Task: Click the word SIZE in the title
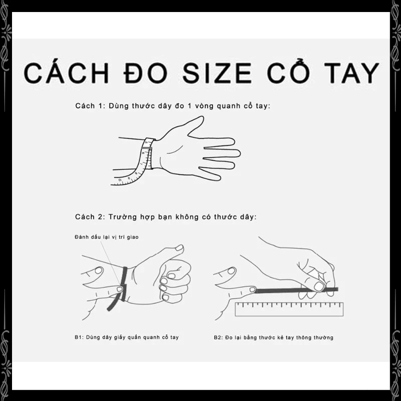[x=217, y=73]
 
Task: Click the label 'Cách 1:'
[x=90, y=106]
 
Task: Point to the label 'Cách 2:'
[x=90, y=217]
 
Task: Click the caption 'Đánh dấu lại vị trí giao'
[x=107, y=237]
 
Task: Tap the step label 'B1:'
[x=79, y=337]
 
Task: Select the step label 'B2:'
[x=218, y=337]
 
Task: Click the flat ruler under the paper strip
[x=289, y=309]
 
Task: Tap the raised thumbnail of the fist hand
[x=179, y=248]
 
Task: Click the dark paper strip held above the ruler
[x=297, y=290]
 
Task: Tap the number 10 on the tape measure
[x=120, y=180]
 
